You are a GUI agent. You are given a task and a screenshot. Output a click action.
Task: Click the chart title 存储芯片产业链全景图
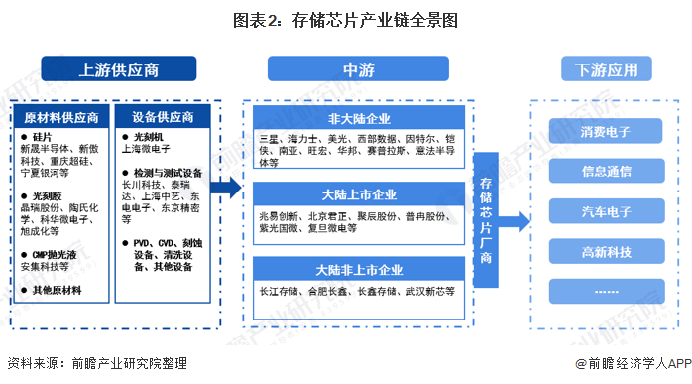pos(346,20)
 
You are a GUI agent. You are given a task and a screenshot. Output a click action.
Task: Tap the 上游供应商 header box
pos(119,69)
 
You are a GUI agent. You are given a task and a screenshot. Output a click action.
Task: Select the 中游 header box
pos(357,69)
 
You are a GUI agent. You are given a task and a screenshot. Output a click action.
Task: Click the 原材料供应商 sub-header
pos(61,118)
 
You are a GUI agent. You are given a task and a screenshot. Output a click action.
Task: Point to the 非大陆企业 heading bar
pos(357,122)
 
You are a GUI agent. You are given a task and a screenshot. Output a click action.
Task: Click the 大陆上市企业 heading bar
pos(357,193)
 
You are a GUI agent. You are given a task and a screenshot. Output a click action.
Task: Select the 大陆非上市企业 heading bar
pos(357,269)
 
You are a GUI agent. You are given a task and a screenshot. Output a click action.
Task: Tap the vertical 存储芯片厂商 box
pos(486,207)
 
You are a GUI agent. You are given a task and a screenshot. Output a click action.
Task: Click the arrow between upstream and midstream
pos(227,188)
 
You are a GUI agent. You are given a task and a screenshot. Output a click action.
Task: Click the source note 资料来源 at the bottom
pos(95,365)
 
